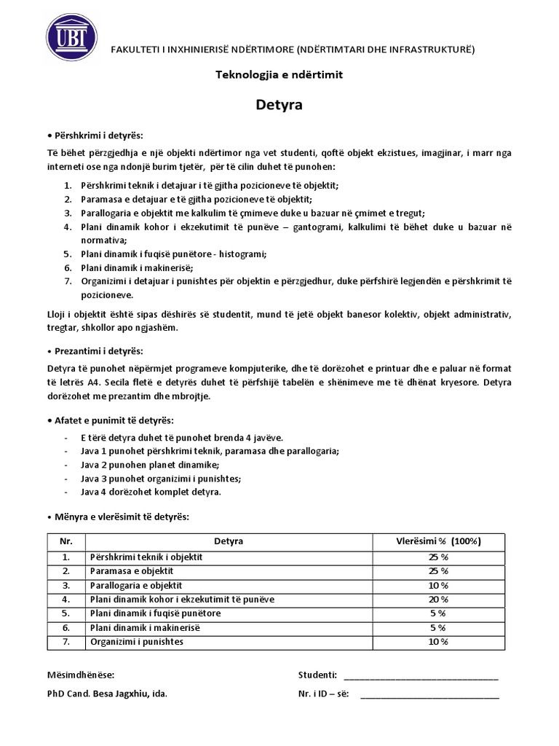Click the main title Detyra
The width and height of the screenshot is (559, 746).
(x=279, y=105)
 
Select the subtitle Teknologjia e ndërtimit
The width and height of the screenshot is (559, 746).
(x=279, y=74)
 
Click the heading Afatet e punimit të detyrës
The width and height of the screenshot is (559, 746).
(x=110, y=421)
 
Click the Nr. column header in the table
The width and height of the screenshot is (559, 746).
(x=66, y=541)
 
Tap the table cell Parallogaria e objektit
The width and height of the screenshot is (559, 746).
(x=135, y=585)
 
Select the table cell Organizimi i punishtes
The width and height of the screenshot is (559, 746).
(x=136, y=642)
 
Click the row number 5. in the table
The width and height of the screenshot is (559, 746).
(x=66, y=613)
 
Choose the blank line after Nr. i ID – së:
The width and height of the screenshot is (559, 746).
(x=429, y=694)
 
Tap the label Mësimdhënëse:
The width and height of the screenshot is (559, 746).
(x=80, y=675)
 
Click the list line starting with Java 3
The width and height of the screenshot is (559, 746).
(x=156, y=479)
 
